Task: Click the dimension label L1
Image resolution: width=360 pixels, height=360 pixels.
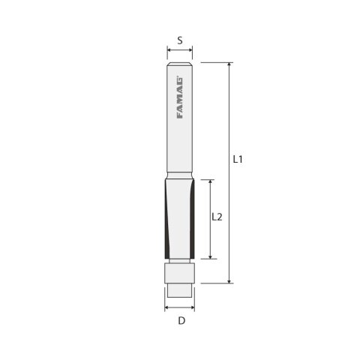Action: click(x=237, y=160)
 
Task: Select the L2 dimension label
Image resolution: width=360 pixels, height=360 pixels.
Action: click(x=216, y=218)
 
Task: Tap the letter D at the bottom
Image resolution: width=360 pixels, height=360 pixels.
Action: click(x=181, y=322)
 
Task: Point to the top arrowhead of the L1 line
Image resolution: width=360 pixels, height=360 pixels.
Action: click(x=229, y=66)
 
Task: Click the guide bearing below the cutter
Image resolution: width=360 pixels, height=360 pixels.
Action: click(x=180, y=273)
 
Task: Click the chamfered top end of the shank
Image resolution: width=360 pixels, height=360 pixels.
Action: click(x=180, y=67)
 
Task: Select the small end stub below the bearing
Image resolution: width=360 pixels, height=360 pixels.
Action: click(x=180, y=288)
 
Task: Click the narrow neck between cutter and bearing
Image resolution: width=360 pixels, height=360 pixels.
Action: click(x=180, y=261)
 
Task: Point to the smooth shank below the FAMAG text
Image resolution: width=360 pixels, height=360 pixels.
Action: click(x=180, y=150)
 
